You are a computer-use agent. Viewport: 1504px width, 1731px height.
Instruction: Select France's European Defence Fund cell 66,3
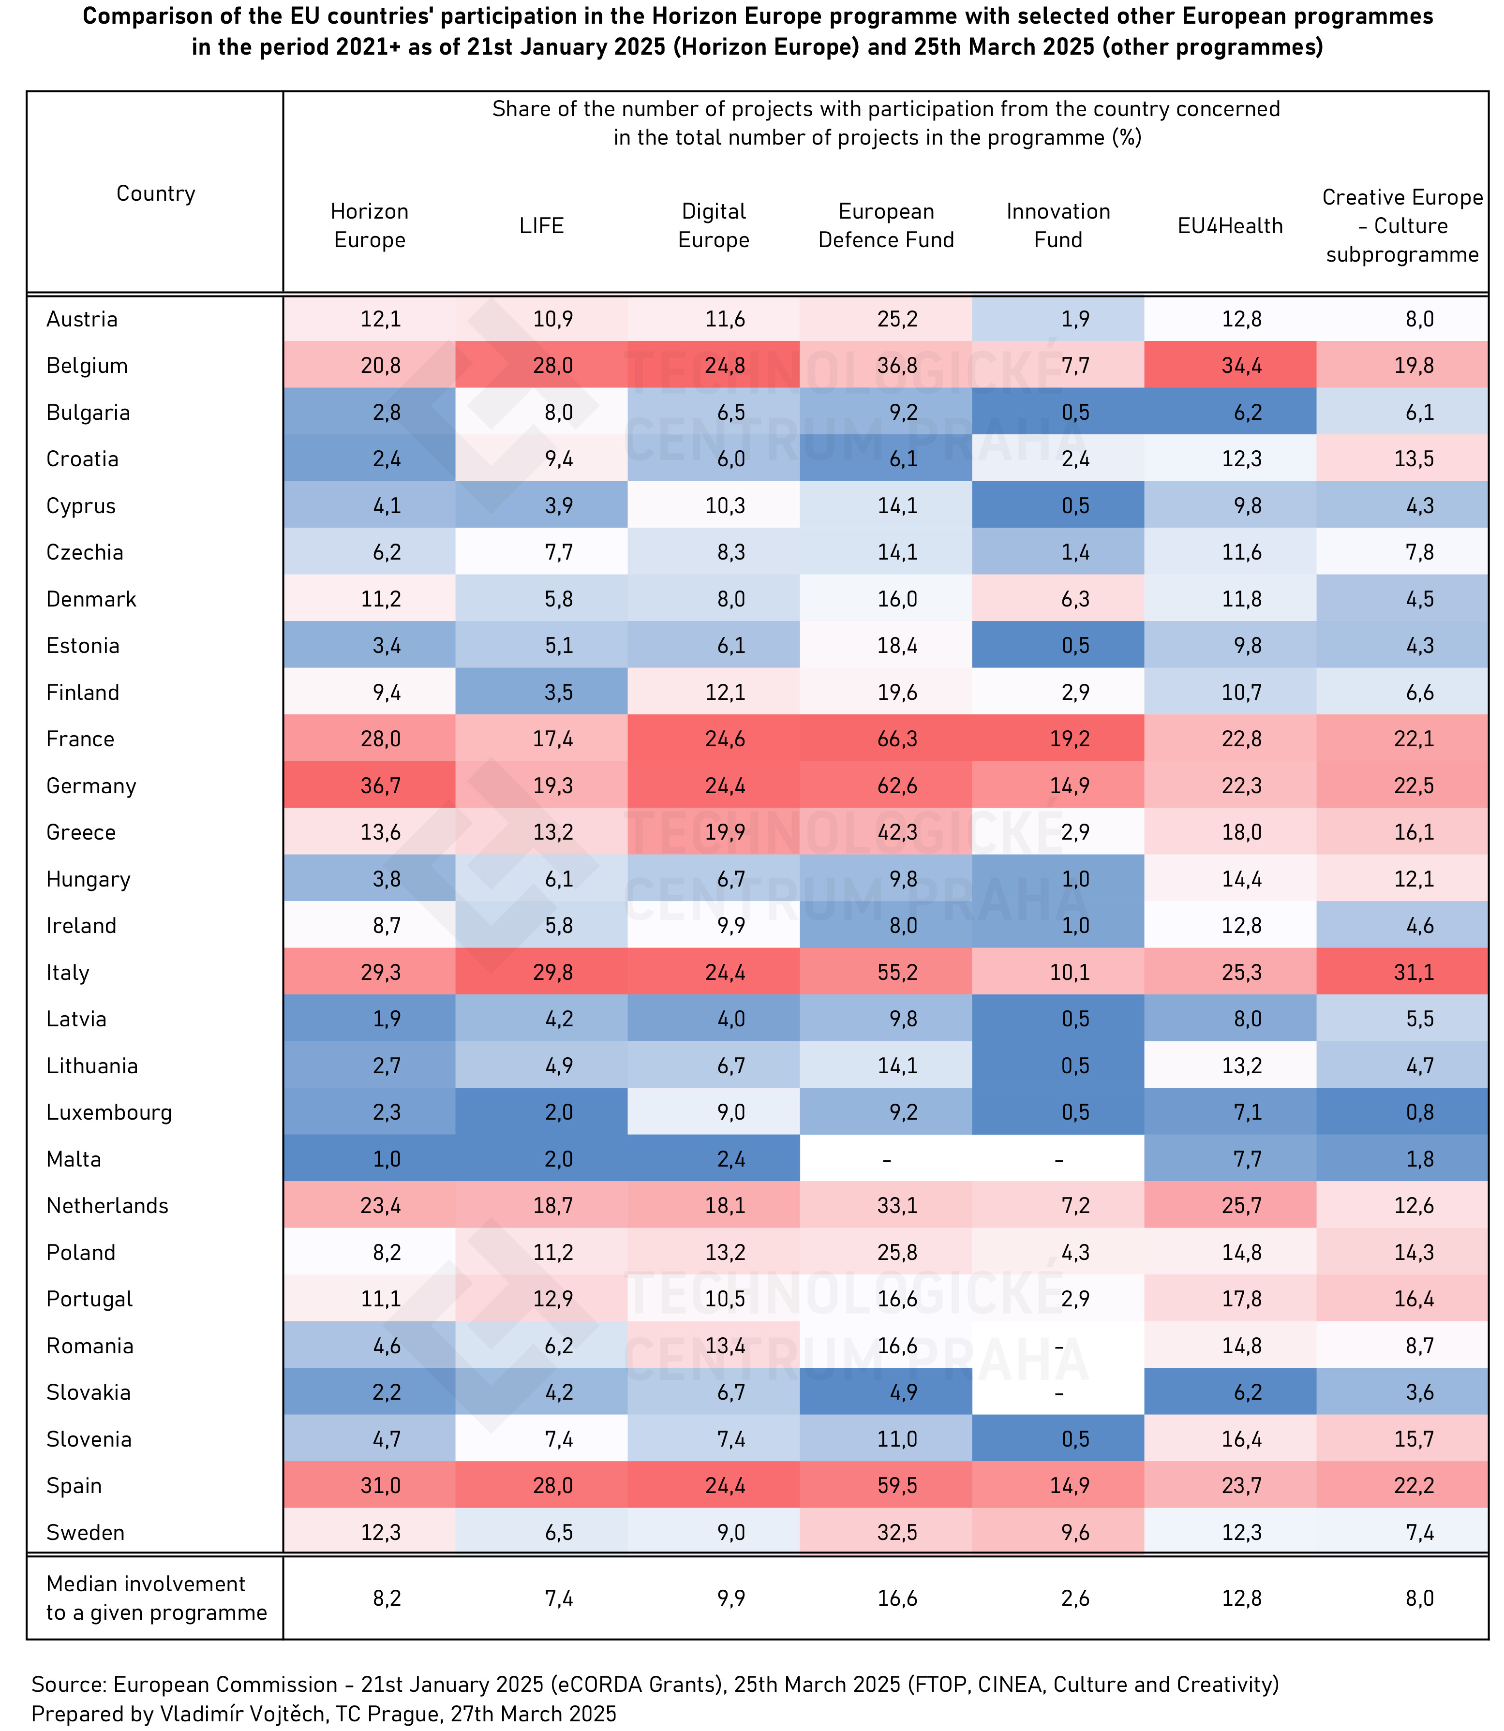[x=896, y=739]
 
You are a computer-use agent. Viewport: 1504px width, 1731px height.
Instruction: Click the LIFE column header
[x=541, y=226]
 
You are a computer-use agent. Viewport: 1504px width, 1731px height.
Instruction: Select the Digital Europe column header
[x=714, y=226]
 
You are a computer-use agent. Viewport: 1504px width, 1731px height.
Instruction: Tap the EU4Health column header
[x=1230, y=226]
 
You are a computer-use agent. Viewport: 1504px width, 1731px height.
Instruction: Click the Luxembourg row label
[x=109, y=1112]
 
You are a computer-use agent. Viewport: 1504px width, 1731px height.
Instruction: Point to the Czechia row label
[x=85, y=552]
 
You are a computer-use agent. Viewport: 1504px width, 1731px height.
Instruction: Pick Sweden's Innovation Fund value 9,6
[x=1075, y=1532]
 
